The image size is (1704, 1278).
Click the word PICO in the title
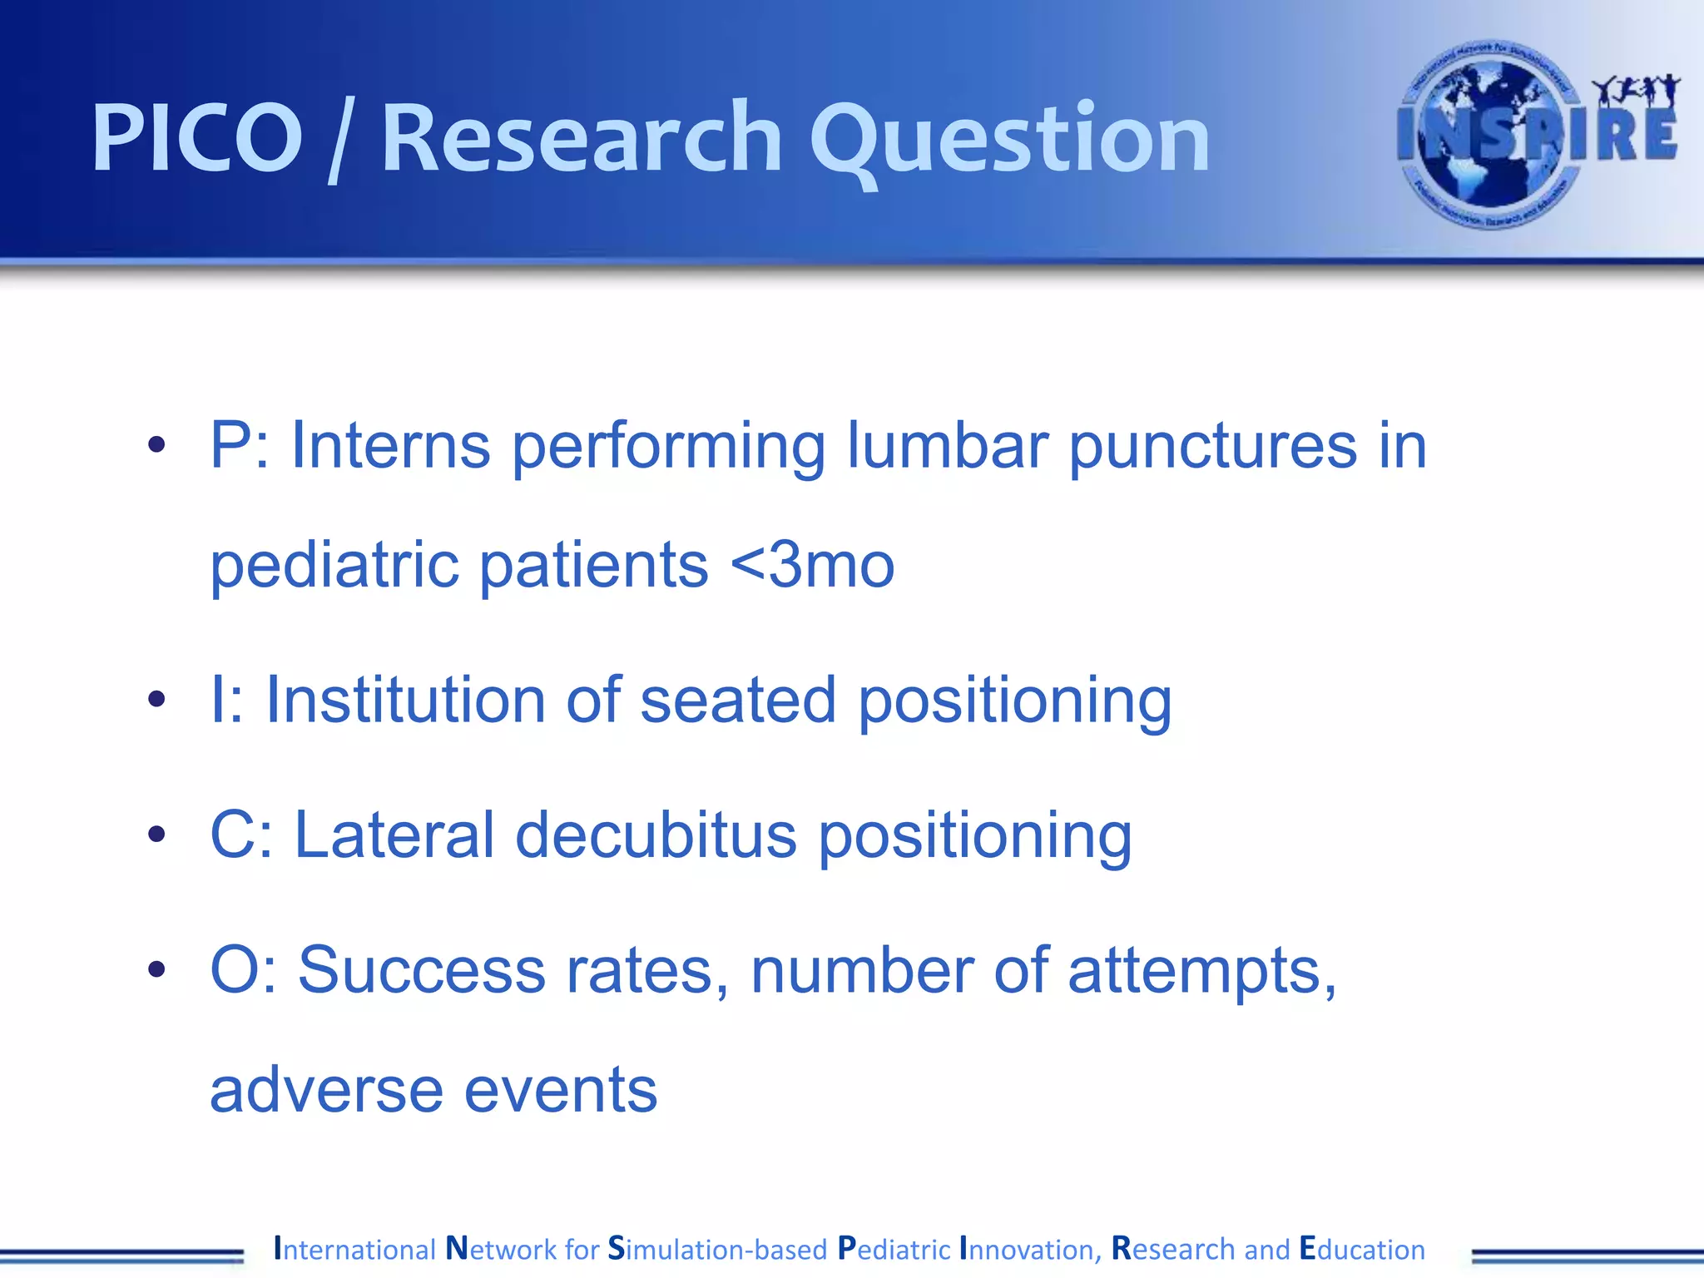pos(196,137)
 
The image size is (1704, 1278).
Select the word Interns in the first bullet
pos(390,446)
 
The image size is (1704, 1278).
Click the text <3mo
pos(811,565)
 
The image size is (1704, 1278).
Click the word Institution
pos(404,700)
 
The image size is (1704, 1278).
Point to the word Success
pos(421,970)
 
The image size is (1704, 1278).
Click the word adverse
pos(326,1090)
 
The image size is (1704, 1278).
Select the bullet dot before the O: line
pos(156,969)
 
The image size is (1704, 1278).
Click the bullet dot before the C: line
pos(156,834)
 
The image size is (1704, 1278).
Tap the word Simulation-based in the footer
pos(717,1249)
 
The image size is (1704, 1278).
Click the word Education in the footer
pos(1362,1249)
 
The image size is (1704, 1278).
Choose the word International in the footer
pos(355,1249)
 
